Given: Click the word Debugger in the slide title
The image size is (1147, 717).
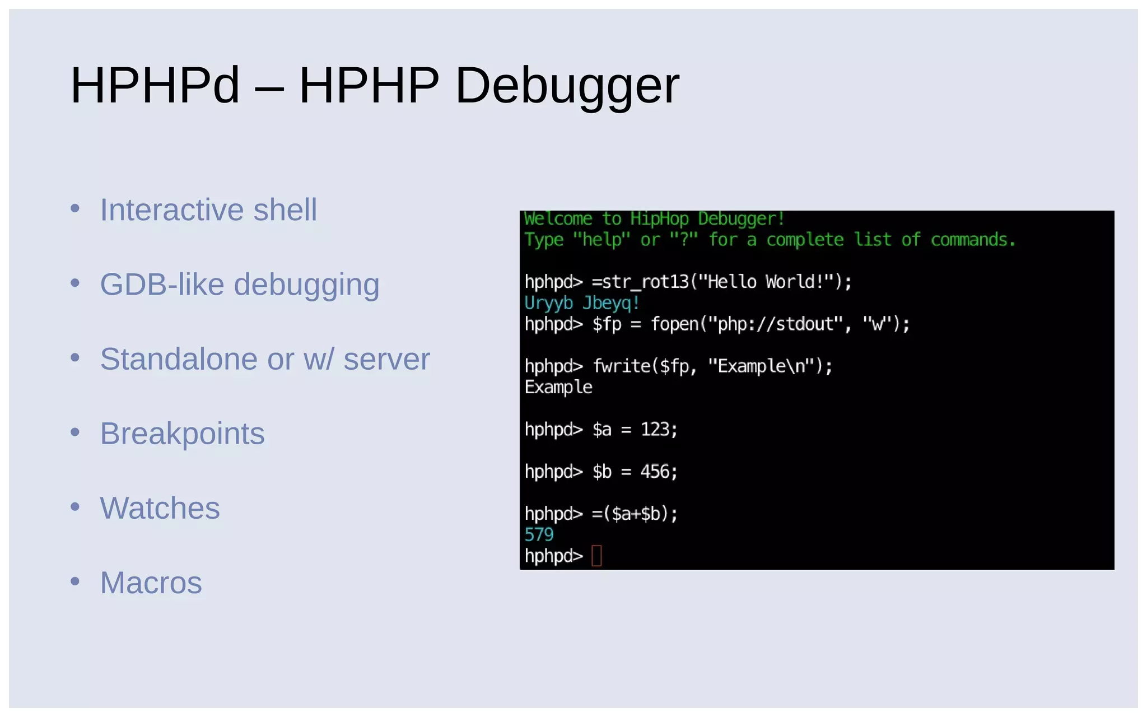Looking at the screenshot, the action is (x=567, y=85).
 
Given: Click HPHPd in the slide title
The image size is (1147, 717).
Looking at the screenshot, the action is (x=155, y=85).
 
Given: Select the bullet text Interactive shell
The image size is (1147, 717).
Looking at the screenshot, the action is (x=208, y=210).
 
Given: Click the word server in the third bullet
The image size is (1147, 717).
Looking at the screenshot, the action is (x=386, y=359).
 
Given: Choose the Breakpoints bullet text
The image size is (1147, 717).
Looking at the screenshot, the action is (x=182, y=434).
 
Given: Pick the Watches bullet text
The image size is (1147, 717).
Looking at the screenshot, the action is (x=160, y=508).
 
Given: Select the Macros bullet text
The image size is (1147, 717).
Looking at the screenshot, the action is (x=151, y=583).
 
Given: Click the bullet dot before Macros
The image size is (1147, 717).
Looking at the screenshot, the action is (x=75, y=581).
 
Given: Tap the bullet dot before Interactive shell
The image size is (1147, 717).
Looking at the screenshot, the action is (x=75, y=209).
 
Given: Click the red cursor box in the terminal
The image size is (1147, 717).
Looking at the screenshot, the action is (x=596, y=556).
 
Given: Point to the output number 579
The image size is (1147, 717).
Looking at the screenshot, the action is (x=539, y=534).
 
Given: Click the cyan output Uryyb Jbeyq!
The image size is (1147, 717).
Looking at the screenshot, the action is (x=582, y=303).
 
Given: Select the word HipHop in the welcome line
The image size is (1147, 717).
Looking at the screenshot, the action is (x=659, y=218).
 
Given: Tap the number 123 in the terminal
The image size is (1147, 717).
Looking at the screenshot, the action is (x=655, y=430).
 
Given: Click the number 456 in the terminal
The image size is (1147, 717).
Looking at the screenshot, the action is (x=655, y=472).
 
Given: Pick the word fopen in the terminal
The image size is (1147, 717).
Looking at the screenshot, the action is (x=674, y=324).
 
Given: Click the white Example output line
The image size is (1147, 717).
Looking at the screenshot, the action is (x=558, y=387).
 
